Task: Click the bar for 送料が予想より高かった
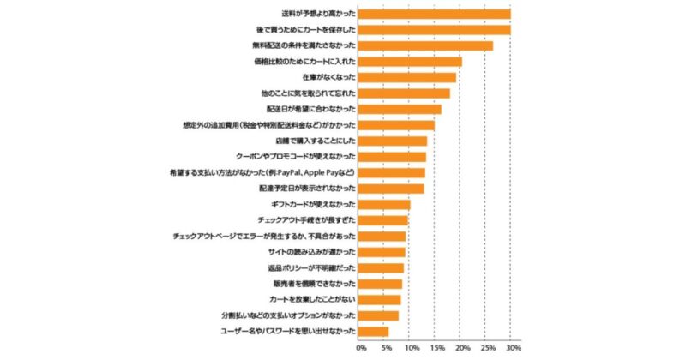tap(434, 14)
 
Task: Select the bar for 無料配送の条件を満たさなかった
tap(425, 45)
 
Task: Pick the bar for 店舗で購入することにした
tap(393, 141)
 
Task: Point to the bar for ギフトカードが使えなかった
tap(384, 204)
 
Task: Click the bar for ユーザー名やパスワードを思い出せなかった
tap(373, 331)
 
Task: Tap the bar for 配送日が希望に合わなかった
tap(400, 109)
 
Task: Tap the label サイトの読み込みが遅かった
tap(311, 252)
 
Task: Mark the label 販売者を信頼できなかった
tap(312, 284)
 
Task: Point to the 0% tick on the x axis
tap(361, 348)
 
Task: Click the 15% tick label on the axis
tap(437, 348)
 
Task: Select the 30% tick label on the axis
tap(514, 348)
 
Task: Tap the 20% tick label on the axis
tap(463, 348)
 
